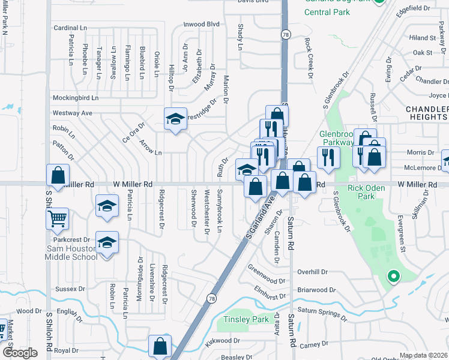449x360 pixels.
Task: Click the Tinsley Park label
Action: click(246, 319)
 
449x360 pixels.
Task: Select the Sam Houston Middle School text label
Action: click(71, 253)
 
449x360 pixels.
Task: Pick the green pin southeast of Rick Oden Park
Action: click(393, 277)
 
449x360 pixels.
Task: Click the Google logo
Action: click(19, 353)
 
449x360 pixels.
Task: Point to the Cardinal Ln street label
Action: click(71, 28)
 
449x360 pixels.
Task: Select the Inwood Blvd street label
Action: click(202, 24)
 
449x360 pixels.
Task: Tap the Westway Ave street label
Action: click(73, 112)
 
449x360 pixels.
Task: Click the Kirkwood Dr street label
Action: click(221, 340)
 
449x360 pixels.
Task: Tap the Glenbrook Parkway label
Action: click(337, 138)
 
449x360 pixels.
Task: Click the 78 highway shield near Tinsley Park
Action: click(211, 298)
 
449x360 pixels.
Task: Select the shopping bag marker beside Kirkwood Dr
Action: click(161, 346)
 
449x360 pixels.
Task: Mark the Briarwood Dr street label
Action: click(315, 289)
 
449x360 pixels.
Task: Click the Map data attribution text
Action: click(424, 355)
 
